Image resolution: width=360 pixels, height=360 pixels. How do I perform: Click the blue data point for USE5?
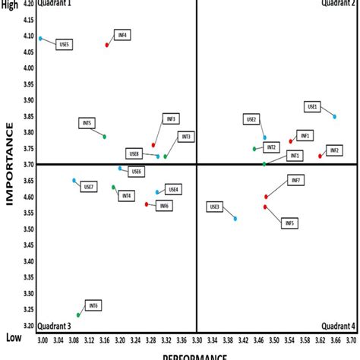point(40,38)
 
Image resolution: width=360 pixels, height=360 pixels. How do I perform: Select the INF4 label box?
point(122,35)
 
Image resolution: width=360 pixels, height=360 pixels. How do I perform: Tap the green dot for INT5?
point(104,137)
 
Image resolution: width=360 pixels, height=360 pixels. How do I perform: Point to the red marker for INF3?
point(153,145)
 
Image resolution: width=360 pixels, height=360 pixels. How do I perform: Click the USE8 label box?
point(134,153)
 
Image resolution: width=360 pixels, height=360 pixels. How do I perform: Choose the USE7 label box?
point(88,187)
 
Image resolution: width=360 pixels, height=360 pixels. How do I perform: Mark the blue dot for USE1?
point(335,116)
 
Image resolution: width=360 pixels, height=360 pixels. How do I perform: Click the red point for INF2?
point(321,156)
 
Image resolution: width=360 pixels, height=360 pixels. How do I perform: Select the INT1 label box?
point(294,156)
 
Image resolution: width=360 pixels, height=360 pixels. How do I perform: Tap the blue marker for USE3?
point(235,219)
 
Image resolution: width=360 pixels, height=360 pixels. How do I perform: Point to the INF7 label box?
point(296,180)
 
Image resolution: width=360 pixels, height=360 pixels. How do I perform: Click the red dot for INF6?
point(147,204)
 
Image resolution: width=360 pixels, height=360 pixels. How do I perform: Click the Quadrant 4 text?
point(338,327)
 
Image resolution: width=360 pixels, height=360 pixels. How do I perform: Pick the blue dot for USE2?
point(265,137)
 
